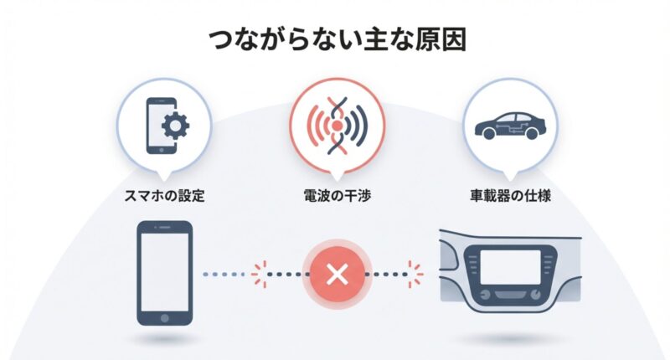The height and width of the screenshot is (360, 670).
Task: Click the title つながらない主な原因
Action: click(x=338, y=40)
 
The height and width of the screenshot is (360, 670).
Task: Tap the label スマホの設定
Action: click(x=164, y=196)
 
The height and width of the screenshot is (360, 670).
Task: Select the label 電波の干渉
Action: click(x=338, y=196)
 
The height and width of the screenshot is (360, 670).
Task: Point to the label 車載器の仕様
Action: click(x=510, y=196)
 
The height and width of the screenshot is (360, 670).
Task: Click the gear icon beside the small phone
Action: click(x=175, y=126)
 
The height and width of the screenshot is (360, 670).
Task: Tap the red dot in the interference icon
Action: click(x=337, y=126)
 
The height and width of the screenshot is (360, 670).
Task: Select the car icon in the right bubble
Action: click(x=510, y=126)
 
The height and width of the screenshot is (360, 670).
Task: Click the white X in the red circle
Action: click(x=338, y=274)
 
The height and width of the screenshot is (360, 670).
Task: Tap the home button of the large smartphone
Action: click(x=164, y=318)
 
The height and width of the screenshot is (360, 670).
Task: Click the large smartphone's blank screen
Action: click(x=164, y=272)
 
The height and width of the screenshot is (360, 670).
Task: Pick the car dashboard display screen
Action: click(x=510, y=267)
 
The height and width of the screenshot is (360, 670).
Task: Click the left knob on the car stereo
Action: click(x=485, y=295)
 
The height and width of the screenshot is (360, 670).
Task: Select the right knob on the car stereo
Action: click(x=536, y=295)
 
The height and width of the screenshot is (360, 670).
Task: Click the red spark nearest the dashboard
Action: click(x=414, y=274)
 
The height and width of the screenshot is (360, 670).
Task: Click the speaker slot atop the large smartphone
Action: click(x=164, y=228)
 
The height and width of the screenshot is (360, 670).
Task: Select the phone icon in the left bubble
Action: click(x=161, y=126)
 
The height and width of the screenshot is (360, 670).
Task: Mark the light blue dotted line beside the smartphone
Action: click(x=224, y=274)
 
